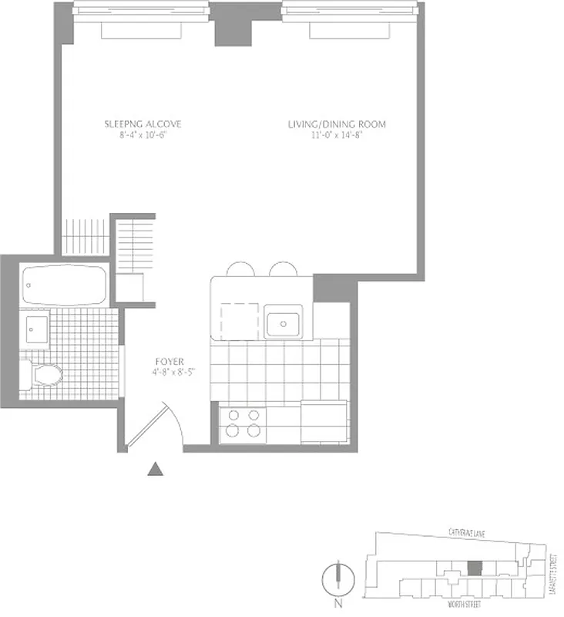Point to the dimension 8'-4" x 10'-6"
coord(143,136)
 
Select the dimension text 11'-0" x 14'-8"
coord(337,136)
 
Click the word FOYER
coord(169,360)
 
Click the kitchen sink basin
coord(284,321)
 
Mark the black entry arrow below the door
coord(156,468)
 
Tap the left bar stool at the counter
coord(240,268)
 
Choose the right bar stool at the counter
coord(282,268)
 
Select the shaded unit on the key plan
coord(475,566)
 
